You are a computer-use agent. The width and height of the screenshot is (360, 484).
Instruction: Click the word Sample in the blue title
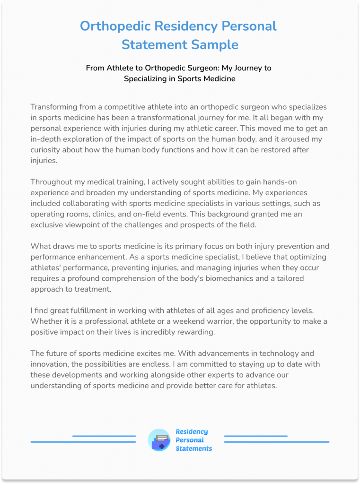pyautogui.click(x=214, y=44)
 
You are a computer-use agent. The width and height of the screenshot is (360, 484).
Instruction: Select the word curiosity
pyautogui.click(x=46, y=150)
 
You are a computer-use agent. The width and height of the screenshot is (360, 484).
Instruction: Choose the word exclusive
pyautogui.click(x=46, y=225)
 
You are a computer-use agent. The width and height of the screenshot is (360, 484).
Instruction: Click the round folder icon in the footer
pyautogui.click(x=158, y=440)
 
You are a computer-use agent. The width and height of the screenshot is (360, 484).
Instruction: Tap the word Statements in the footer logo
pyautogui.click(x=193, y=449)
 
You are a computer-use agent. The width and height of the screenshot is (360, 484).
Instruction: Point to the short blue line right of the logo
pyautogui.click(x=255, y=436)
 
